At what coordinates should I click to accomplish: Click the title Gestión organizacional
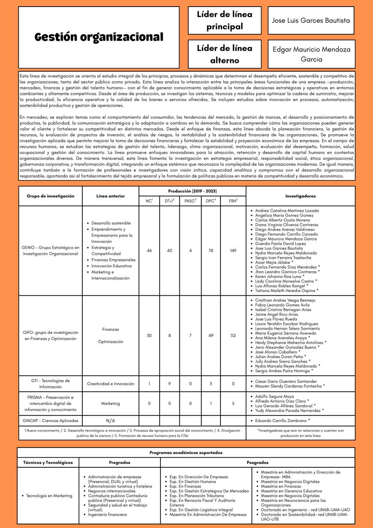(x=99, y=37)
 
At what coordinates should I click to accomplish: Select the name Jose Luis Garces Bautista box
(x=311, y=20)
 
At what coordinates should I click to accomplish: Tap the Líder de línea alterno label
(x=225, y=54)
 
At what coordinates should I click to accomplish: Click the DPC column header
(x=210, y=201)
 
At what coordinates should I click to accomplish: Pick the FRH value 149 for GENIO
(x=233, y=250)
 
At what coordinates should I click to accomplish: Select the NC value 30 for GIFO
(x=149, y=335)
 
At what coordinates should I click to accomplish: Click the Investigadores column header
(x=300, y=196)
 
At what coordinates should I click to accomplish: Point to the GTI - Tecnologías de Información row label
(x=50, y=384)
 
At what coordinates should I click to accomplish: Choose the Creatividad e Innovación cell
(x=110, y=384)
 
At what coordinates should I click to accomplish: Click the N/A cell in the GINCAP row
(x=110, y=421)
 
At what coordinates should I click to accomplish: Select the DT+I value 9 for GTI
(x=169, y=384)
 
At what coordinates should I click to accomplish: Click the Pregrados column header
(x=120, y=462)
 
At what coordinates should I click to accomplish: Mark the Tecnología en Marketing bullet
(x=49, y=496)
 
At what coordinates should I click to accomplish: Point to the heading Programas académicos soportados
(x=186, y=452)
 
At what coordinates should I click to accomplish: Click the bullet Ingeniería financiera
(x=107, y=514)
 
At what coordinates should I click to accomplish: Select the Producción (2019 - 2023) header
(x=192, y=191)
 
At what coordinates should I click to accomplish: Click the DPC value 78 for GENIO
(x=210, y=250)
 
